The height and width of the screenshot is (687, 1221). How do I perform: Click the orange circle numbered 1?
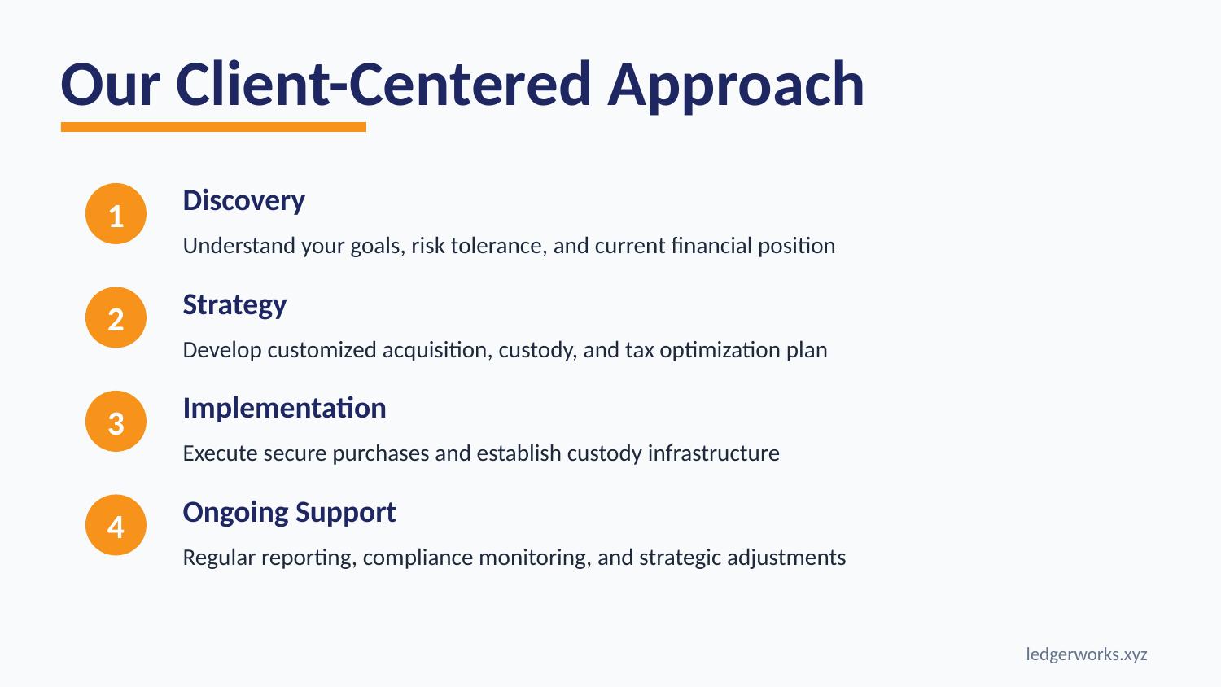click(116, 214)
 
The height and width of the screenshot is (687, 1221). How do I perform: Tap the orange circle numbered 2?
click(116, 317)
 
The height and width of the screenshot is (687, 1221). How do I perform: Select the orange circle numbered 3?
click(116, 422)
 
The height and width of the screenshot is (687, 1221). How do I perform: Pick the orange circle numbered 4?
click(116, 526)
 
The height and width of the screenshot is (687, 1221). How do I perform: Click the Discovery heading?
click(243, 201)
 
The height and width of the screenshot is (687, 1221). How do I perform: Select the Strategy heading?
click(234, 305)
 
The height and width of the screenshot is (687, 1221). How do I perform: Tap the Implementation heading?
click(284, 408)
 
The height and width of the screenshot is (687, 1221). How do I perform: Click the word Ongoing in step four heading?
click(235, 513)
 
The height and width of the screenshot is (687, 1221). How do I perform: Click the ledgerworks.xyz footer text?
click(1086, 654)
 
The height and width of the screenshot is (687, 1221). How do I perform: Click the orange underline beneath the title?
click(213, 127)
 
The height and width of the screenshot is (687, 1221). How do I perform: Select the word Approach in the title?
click(736, 85)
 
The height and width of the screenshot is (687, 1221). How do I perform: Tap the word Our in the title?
click(110, 85)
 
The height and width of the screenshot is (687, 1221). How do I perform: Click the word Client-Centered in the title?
click(383, 85)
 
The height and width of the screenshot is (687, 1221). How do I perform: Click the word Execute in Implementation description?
click(214, 453)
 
